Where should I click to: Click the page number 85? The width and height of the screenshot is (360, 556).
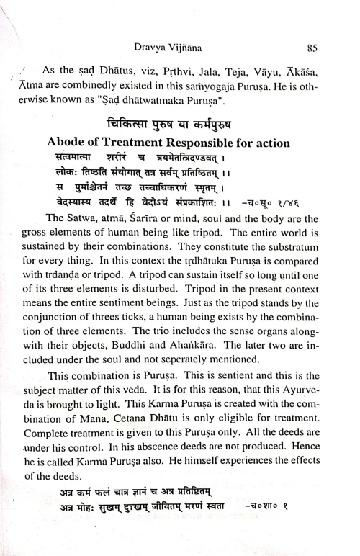click(x=312, y=49)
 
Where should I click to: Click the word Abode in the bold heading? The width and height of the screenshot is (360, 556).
click(x=66, y=143)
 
